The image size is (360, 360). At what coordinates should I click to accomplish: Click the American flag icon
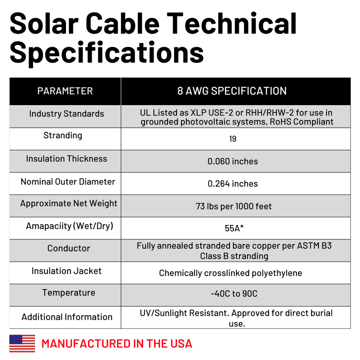22,343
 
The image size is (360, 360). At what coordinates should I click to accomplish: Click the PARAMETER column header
65,91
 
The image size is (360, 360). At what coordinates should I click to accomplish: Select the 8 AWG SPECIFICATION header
232,91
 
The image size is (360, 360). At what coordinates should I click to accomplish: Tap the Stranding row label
63,135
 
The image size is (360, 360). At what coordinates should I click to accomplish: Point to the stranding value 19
232,139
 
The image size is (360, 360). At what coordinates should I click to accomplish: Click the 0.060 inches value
232,161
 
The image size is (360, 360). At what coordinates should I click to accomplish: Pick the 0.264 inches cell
232,184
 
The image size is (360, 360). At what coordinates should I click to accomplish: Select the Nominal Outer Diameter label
68,182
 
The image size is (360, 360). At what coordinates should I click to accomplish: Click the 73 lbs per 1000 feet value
234,206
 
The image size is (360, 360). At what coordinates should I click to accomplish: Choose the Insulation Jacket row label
66,271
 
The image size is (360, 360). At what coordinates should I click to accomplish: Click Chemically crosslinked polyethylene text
230,273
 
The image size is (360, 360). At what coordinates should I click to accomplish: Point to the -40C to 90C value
234,294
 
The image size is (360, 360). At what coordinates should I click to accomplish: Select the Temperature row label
69,293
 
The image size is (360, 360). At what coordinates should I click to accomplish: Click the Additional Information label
67,317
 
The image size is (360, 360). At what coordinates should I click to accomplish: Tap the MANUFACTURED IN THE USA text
117,343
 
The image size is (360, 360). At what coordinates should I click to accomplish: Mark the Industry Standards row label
66,114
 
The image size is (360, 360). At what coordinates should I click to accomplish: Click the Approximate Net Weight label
69,204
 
